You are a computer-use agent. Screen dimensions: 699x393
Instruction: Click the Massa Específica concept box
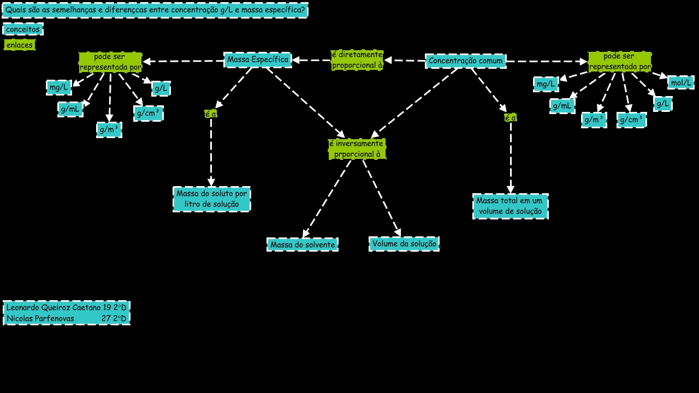(258, 60)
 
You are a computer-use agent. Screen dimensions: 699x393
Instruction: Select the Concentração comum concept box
(465, 61)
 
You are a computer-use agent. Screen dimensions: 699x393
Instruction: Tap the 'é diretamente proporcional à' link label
(357, 60)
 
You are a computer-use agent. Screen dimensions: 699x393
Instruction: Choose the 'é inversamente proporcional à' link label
(357, 149)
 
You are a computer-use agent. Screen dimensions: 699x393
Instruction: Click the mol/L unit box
(680, 82)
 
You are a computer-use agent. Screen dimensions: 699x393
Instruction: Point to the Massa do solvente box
(303, 245)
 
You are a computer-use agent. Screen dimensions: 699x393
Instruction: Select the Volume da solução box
(404, 244)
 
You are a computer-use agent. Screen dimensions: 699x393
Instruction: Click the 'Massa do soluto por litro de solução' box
(212, 199)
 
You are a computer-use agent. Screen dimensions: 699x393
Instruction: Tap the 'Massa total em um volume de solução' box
(510, 206)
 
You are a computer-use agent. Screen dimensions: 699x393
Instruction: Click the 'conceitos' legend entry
(22, 29)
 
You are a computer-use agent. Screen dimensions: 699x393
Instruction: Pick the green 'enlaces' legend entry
(20, 45)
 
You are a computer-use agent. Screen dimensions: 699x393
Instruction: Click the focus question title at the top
(155, 10)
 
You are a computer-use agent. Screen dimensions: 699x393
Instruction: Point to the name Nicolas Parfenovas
(40, 318)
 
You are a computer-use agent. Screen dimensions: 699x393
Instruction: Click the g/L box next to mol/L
(662, 104)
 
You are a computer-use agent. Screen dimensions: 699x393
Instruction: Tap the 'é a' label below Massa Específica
(211, 114)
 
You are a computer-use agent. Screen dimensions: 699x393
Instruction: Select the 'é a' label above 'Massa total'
(510, 117)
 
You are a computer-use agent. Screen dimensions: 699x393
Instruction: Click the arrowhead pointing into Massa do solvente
(305, 234)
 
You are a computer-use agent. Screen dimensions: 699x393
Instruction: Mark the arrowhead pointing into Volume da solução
(398, 233)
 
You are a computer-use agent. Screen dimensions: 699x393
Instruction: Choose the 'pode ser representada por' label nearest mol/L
(619, 62)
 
